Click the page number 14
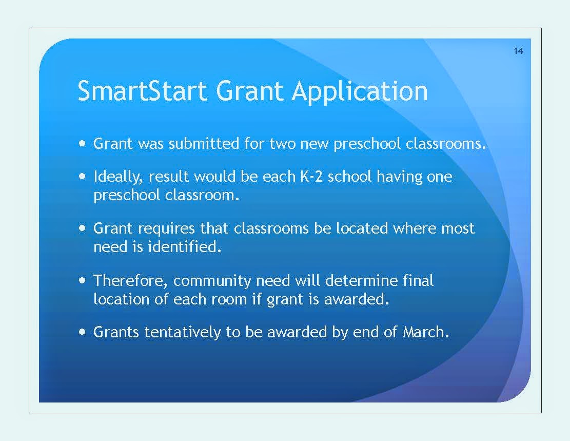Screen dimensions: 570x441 [518, 51]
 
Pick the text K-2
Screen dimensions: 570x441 [311, 177]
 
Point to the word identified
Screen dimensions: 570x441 [185, 247]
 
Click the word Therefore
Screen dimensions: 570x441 [131, 281]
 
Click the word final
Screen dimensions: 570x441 [418, 280]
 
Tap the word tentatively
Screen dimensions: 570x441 [183, 333]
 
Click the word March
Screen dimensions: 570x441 [426, 332]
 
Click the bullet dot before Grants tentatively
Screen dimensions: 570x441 [83, 332]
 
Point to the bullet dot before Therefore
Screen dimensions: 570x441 [83, 280]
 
